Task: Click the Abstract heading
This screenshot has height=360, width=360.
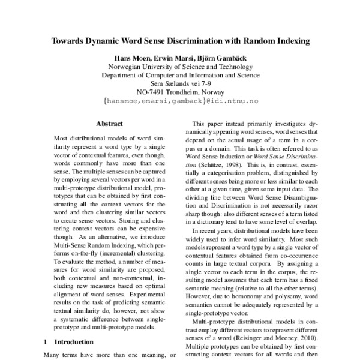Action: [x=110, y=123]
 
